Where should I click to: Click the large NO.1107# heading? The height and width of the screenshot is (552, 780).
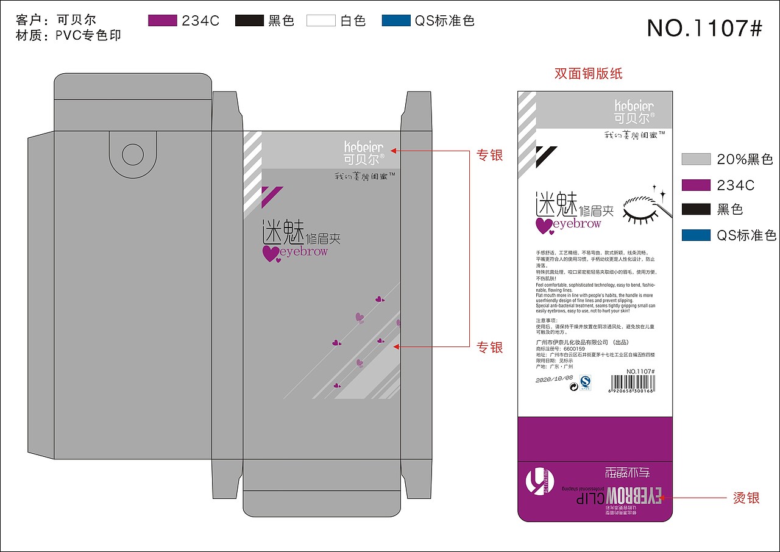pos(704,27)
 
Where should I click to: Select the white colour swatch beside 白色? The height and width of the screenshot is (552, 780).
pos(321,21)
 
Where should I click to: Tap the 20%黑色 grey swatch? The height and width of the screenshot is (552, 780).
pos(696,159)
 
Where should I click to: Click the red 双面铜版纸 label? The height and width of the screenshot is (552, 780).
pos(588,74)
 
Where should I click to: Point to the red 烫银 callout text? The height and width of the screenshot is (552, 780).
pos(746,498)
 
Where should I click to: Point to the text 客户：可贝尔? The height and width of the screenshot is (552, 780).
pos(56,20)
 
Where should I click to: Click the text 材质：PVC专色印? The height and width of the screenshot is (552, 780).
pos(68,35)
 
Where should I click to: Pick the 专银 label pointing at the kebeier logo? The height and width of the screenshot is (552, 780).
pos(489,155)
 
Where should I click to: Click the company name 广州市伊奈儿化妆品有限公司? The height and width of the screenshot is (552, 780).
pos(572,342)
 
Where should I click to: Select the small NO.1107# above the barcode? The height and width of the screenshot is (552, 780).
pos(640,371)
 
